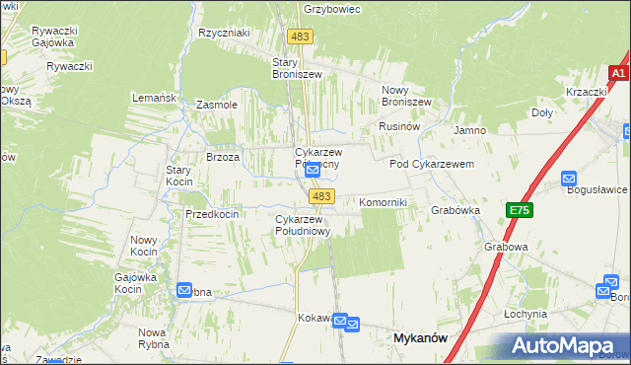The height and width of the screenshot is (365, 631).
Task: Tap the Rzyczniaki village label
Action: [224, 33]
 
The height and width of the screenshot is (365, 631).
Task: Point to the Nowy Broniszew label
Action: [406, 95]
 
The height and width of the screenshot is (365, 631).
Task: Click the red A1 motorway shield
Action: [618, 74]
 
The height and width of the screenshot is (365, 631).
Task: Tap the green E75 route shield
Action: [520, 210]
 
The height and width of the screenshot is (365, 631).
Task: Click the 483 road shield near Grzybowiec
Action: [300, 36]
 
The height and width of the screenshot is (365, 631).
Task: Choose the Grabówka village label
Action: [455, 210]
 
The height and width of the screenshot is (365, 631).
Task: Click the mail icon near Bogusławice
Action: [569, 179]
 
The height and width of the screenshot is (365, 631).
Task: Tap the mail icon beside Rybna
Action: [185, 290]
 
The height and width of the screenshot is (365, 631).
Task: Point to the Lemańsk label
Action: [154, 98]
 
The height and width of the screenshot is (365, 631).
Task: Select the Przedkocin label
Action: [212, 214]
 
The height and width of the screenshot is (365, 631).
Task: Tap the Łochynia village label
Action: [525, 314]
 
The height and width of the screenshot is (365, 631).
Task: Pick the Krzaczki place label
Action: [586, 92]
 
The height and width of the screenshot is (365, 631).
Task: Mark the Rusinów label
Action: [400, 127]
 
